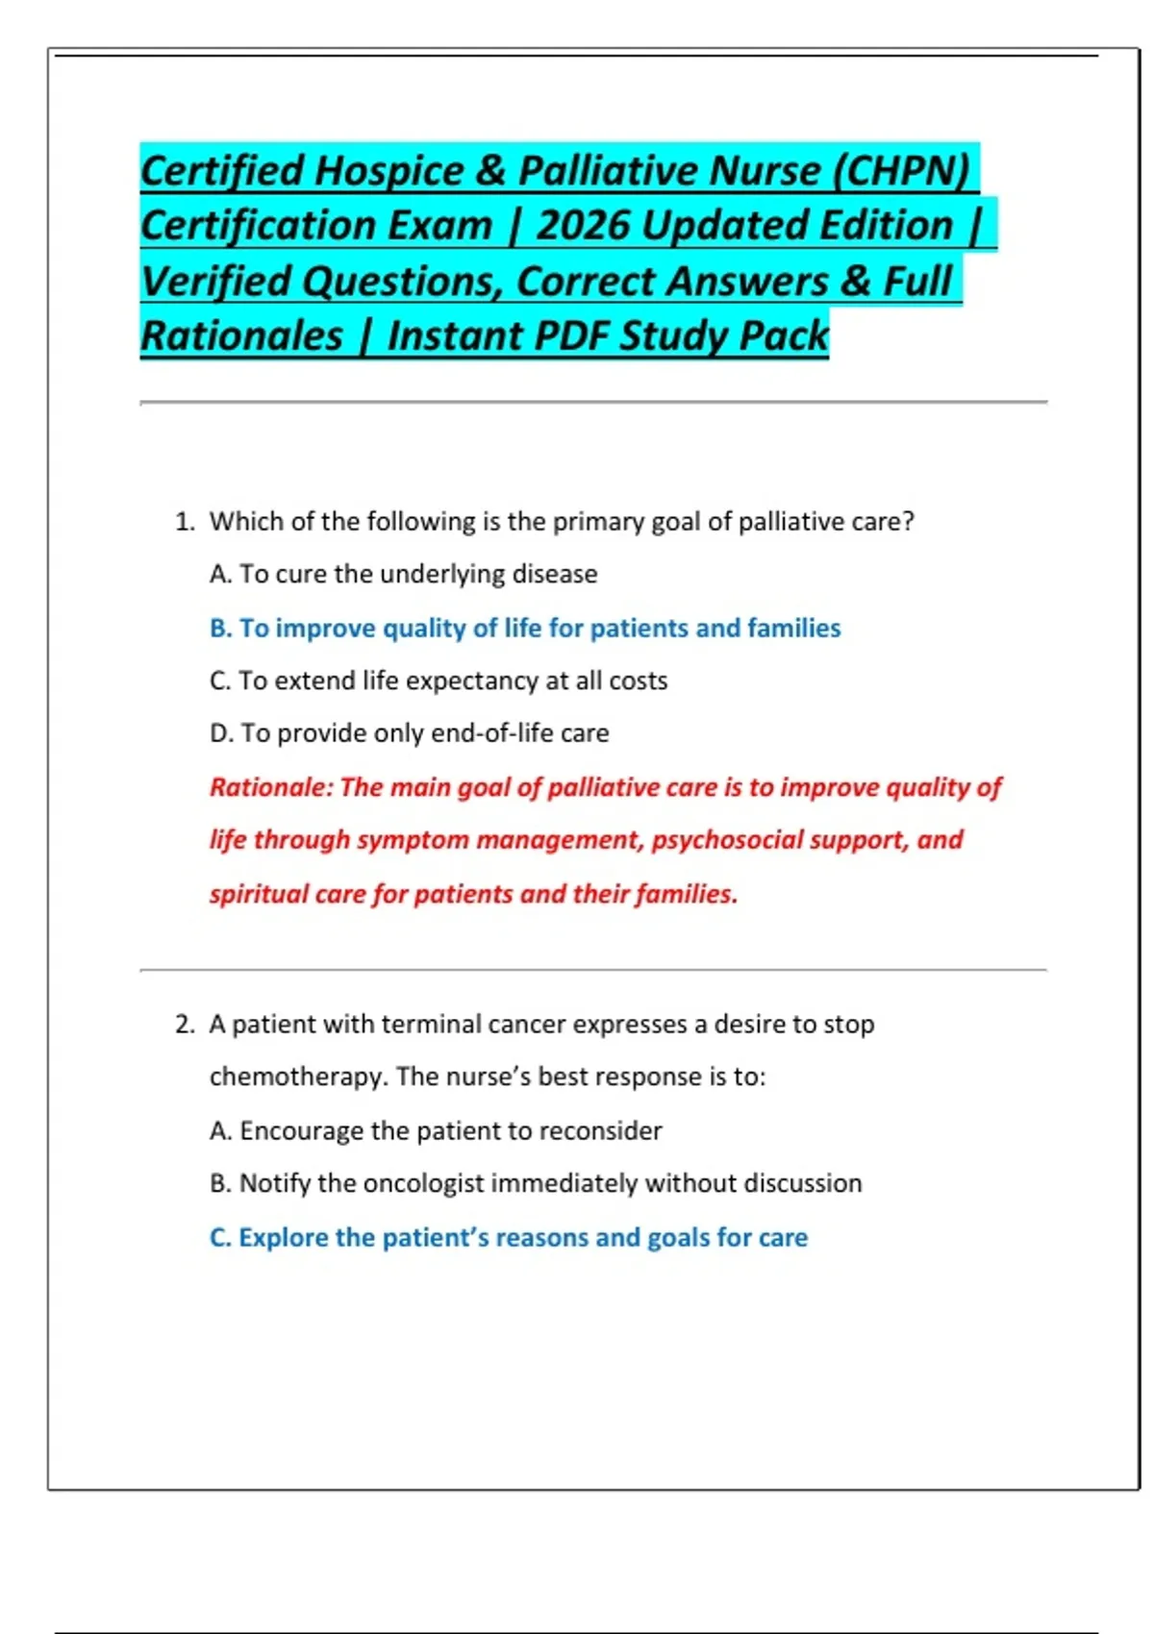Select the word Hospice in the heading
[x=389, y=171]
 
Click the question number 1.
[x=184, y=522]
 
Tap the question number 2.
[x=185, y=1025]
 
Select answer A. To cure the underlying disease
[x=403, y=575]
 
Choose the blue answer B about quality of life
[x=525, y=629]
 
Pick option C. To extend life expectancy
[x=438, y=681]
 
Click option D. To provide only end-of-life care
[x=409, y=733]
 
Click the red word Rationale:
[x=271, y=787]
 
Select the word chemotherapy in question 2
[x=298, y=1077]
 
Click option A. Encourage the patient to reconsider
[x=436, y=1131]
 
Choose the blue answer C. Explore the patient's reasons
[x=508, y=1238]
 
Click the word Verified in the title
[x=215, y=282]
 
